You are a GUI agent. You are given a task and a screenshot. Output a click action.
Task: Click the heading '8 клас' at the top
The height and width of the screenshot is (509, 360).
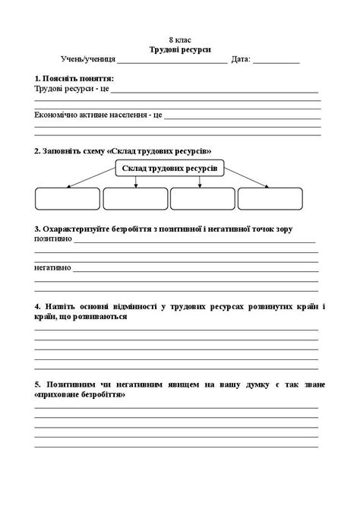click(180, 39)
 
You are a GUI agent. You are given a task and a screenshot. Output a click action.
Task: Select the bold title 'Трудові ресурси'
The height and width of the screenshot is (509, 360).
click(180, 48)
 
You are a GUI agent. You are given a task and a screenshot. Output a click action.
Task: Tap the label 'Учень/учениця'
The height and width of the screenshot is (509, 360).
click(88, 58)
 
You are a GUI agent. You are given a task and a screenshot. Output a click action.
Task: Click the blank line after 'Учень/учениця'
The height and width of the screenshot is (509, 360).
click(172, 60)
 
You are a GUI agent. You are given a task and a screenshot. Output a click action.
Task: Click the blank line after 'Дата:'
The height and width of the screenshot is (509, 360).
click(276, 60)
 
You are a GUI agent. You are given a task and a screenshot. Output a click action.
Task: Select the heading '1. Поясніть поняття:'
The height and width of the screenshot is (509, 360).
click(74, 78)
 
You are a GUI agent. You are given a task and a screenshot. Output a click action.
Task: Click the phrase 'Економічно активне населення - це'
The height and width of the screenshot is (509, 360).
click(98, 115)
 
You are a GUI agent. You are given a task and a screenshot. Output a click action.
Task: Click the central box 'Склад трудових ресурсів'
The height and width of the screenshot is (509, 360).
click(169, 168)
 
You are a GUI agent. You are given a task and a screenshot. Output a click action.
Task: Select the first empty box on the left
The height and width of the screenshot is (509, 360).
click(67, 198)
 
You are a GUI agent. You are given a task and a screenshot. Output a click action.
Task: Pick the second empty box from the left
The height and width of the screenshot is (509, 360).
click(134, 198)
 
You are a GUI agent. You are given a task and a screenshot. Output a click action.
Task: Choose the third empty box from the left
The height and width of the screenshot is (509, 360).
click(202, 198)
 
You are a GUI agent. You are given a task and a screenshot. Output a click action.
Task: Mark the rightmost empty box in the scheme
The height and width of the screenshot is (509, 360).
click(270, 198)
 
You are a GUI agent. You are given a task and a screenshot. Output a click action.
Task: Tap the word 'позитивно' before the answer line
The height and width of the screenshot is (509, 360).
click(52, 239)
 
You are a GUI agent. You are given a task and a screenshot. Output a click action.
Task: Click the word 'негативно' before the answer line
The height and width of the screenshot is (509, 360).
click(52, 267)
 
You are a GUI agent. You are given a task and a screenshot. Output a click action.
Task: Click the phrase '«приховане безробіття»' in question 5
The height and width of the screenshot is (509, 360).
click(80, 395)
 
